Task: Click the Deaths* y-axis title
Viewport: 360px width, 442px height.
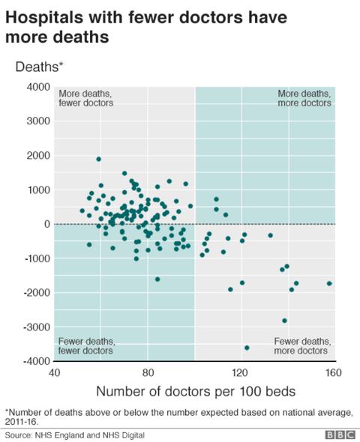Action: (40, 67)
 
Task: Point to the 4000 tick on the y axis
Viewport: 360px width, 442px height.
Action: (36, 87)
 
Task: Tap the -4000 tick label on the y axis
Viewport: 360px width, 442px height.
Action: (34, 362)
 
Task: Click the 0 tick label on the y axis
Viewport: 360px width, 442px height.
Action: (46, 224)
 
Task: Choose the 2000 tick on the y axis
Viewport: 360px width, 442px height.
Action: (36, 156)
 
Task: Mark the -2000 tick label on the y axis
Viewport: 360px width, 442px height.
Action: (34, 293)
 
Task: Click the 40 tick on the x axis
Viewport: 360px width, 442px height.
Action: (54, 372)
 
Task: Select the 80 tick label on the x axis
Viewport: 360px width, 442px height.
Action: (148, 372)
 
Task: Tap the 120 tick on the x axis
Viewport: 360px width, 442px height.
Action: (241, 372)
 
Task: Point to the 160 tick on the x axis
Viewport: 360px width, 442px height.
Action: (334, 372)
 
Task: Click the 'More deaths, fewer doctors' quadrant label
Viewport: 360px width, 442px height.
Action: (85, 98)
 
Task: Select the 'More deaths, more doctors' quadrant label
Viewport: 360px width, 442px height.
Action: (304, 98)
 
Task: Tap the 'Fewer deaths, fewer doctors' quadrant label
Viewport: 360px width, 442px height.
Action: (85, 345)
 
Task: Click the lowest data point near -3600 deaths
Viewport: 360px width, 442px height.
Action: (247, 348)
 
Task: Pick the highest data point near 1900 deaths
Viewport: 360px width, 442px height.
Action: (98, 159)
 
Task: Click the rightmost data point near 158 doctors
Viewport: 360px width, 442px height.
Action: (329, 283)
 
